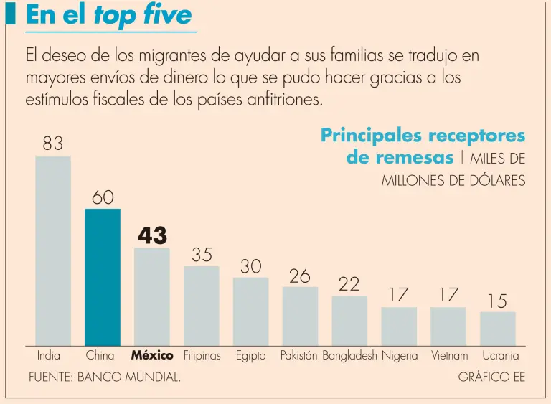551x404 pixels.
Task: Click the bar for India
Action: coord(53,251)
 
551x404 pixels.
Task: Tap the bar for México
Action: coord(152,297)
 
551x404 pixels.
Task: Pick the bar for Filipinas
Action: coord(202,306)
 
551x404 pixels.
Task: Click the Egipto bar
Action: coord(250,312)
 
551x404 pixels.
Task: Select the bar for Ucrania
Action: coord(497,329)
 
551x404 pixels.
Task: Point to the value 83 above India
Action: coord(53,144)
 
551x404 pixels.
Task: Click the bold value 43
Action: coord(152,235)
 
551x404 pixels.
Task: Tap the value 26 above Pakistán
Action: coord(300,276)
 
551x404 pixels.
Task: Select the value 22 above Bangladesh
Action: coord(349,284)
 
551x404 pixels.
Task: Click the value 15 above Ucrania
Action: coord(497,301)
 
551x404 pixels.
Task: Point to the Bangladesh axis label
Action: coord(349,355)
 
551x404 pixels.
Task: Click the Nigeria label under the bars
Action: coord(400,355)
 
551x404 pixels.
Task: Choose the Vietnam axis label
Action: coord(449,355)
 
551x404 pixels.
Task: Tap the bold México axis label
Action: coord(152,355)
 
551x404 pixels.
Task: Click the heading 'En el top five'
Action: coord(109,15)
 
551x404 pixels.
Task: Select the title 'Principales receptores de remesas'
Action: coord(423,146)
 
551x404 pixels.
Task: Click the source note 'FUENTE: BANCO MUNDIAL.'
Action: coord(105,377)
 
